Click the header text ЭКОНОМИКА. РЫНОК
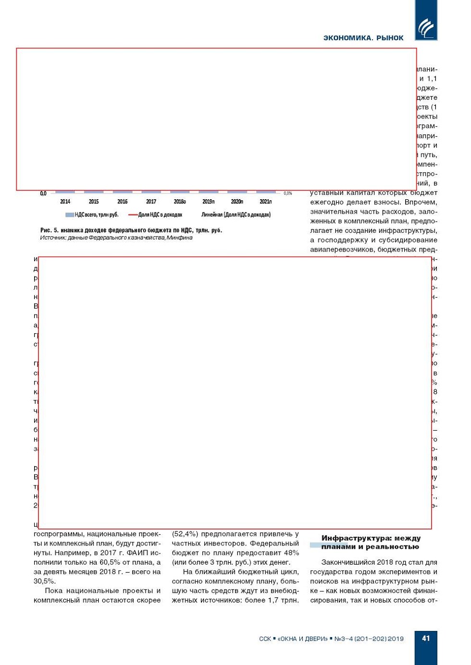363,38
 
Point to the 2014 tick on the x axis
65,202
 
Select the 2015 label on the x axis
94,202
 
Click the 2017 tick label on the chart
151,202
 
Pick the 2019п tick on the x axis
209,202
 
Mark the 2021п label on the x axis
265,202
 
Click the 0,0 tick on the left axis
43,193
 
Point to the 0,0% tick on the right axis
288,193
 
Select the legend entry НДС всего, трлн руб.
92,215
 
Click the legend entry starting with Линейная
235,215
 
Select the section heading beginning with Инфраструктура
370,543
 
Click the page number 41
426,638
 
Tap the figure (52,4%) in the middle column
185,534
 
